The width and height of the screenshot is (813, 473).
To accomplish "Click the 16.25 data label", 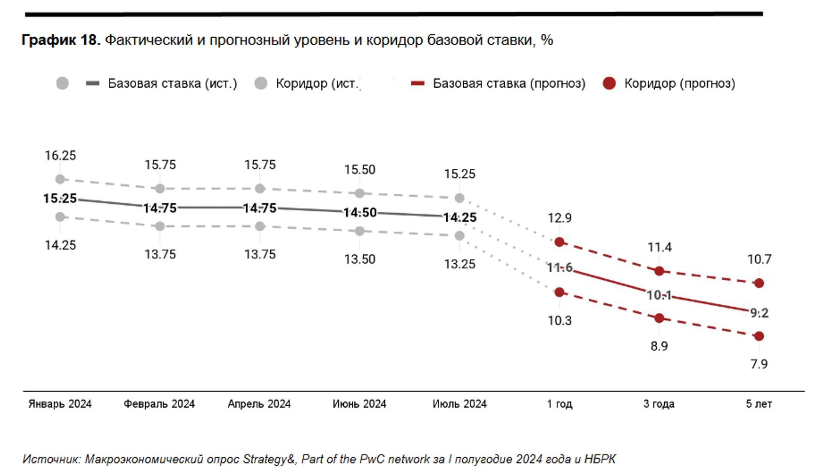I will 60,156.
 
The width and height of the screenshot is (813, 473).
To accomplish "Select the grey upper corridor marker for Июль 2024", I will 459,198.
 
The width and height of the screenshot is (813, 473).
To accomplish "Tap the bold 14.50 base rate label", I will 360,212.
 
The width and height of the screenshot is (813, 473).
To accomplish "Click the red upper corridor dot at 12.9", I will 559,242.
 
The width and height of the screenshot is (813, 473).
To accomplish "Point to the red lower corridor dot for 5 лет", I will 759,336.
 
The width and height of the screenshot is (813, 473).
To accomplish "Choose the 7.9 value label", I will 759,364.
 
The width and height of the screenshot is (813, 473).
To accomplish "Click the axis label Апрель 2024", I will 259,404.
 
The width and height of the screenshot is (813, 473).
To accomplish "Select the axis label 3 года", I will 659,404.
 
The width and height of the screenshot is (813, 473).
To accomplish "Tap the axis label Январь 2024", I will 60,404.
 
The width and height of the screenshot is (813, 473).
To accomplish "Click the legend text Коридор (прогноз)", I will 679,83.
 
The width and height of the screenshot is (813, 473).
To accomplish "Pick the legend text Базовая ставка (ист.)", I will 172,83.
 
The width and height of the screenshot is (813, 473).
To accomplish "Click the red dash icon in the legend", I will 417,83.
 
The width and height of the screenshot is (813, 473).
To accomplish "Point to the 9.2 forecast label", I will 759,313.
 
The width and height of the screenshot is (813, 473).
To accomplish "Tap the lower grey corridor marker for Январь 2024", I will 60,217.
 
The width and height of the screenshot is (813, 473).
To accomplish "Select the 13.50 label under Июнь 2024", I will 360,259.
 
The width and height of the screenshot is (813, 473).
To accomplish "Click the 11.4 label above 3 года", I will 659,247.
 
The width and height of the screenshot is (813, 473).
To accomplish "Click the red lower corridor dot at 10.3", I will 559,292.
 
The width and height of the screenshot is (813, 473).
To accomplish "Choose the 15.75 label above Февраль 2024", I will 160,165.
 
